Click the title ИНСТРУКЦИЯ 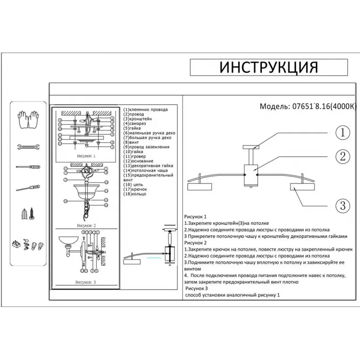coord(268,67)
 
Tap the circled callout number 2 coord(343,156)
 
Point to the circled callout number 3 coord(343,205)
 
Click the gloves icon coord(28,120)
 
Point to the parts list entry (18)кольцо coord(135,193)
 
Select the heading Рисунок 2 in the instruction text coord(196,243)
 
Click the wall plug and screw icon coord(28,214)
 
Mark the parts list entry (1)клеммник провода coord(146,109)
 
